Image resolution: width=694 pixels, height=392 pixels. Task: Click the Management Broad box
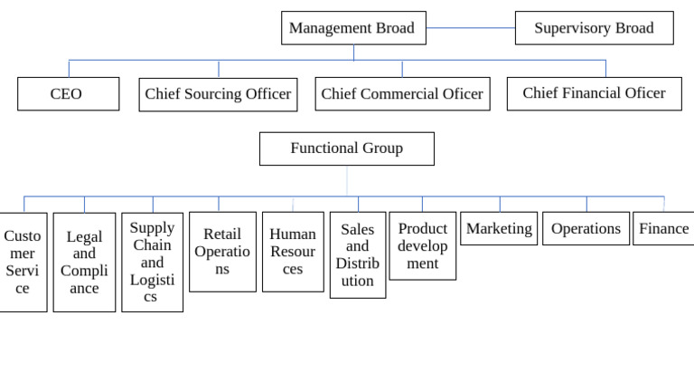[353, 28]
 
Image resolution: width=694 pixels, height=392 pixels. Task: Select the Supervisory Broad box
[594, 28]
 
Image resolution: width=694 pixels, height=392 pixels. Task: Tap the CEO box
[68, 94]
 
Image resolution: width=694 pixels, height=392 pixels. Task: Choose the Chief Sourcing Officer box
[218, 94]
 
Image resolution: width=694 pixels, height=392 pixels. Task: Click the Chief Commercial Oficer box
[402, 94]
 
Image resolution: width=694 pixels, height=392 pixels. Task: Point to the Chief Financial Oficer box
[594, 93]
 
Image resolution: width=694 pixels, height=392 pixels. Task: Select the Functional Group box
[346, 148]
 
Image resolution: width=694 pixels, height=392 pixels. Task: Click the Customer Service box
[23, 263]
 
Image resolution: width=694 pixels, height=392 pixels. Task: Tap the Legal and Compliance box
[84, 263]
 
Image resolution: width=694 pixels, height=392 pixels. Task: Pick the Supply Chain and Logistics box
[152, 263]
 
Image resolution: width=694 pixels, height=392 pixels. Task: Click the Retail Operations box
[222, 252]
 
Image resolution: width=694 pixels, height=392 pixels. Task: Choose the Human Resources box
[293, 252]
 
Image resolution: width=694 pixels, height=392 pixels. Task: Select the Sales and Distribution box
[357, 255]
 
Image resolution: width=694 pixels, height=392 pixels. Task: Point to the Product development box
[422, 246]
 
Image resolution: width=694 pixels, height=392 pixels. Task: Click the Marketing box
[499, 229]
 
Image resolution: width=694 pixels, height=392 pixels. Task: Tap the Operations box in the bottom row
[586, 229]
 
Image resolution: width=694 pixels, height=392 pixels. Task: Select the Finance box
[663, 229]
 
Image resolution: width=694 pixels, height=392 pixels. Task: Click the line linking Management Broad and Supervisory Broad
[470, 28]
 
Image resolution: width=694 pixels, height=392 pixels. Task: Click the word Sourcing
[217, 94]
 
